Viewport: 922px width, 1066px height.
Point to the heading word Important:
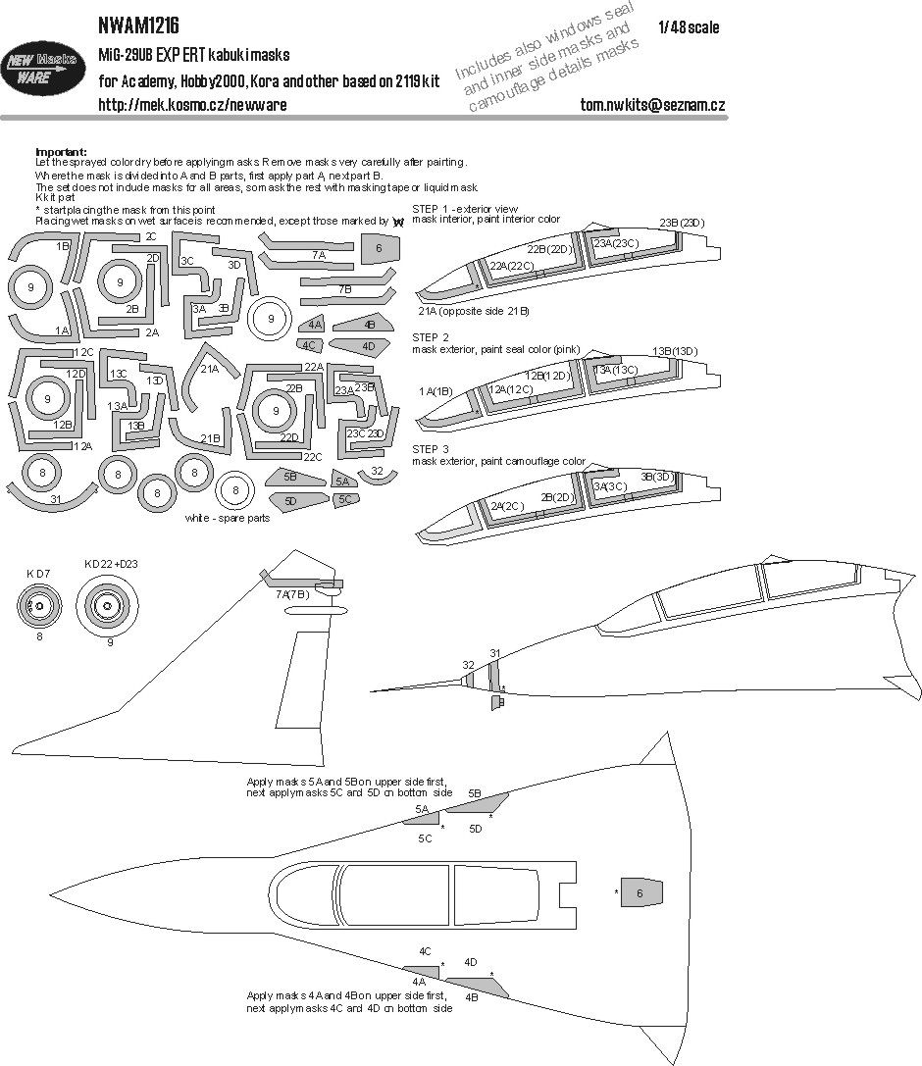pos(61,151)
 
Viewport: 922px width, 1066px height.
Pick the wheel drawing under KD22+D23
pos(109,609)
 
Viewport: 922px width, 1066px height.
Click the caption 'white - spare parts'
pos(233,519)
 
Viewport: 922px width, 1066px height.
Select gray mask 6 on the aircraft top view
pos(639,892)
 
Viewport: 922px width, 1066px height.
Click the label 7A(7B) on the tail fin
pos(292,594)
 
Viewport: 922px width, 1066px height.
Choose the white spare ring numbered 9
pos(268,317)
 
